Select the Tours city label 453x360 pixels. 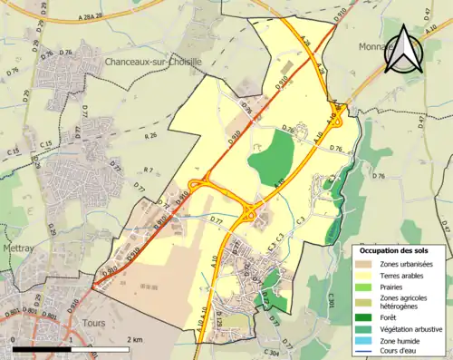point(93,323)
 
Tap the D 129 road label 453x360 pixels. point(218,322)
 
